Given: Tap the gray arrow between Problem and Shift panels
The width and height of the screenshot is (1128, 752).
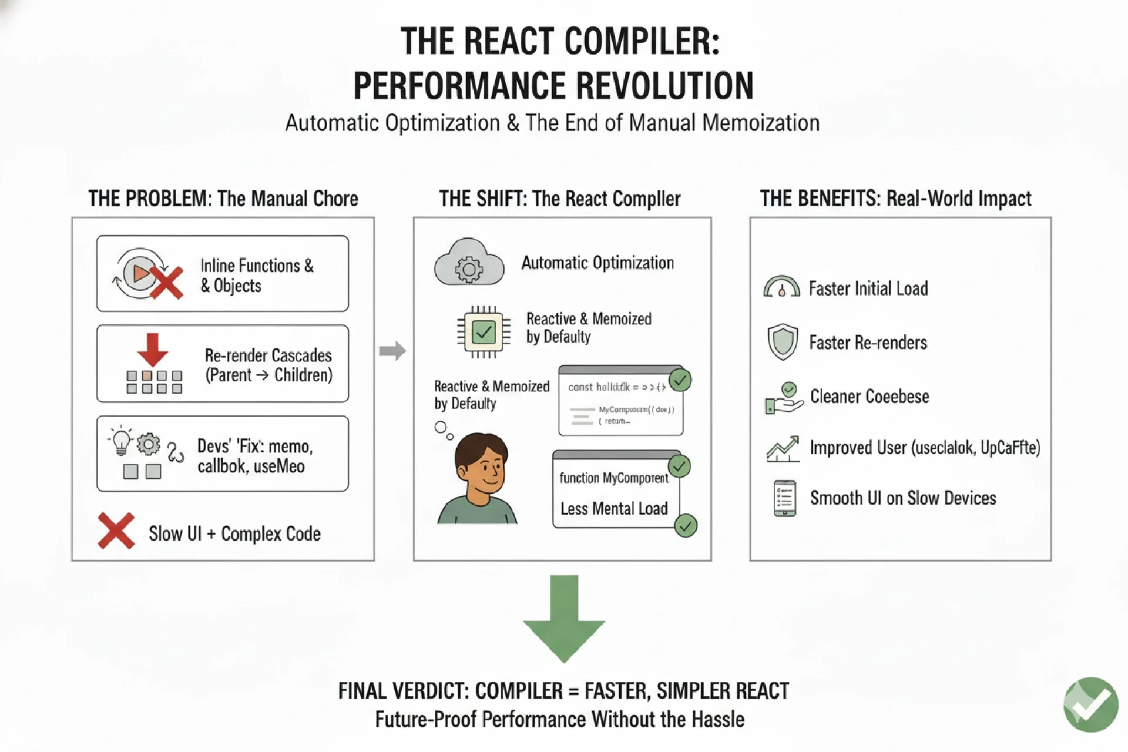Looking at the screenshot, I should coord(392,351).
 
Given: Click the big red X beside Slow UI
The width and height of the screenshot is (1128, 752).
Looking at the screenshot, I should coord(116,531).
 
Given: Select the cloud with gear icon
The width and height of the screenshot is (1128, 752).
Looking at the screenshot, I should coord(469,263).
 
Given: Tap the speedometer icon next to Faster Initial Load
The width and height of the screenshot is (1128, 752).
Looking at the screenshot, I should coord(781,287).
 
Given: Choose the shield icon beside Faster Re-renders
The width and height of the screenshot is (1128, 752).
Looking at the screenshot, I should coord(783,341).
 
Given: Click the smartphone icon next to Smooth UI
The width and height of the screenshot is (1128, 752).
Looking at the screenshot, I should coord(785,498).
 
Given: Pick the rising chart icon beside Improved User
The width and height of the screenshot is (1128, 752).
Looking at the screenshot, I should coord(783,449).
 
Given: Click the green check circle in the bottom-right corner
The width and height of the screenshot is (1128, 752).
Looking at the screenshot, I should coord(1090,704).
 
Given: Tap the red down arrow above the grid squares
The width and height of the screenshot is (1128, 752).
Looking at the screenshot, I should coord(153,349).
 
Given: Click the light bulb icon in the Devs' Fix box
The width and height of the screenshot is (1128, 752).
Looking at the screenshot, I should coord(121,441).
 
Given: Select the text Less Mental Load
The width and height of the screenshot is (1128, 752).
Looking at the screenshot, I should coord(614,508).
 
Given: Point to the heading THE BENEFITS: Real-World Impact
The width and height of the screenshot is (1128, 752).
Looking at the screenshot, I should coord(895,199).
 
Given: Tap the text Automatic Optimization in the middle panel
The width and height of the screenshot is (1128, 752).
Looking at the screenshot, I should coord(597,263).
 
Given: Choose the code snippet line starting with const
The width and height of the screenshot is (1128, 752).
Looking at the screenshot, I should coord(616,387).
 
